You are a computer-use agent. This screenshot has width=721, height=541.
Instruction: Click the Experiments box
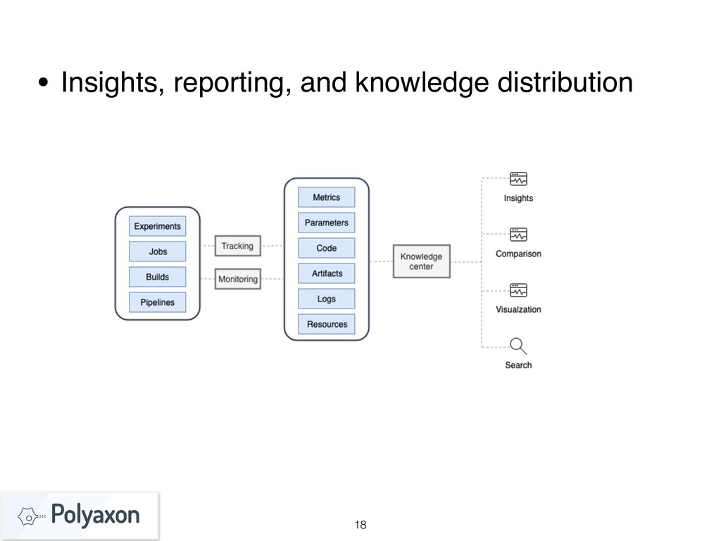point(158,226)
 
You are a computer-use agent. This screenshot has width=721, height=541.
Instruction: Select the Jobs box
point(158,251)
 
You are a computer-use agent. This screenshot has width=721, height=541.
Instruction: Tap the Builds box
point(158,277)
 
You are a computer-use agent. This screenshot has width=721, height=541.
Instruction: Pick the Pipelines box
point(158,302)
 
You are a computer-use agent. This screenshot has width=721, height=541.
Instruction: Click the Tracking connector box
point(237,246)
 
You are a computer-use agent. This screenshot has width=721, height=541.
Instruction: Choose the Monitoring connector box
point(237,279)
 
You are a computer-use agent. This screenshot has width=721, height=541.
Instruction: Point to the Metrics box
point(326,197)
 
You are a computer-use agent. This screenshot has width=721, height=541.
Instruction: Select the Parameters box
point(326,223)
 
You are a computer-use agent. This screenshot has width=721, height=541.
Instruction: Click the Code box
point(326,248)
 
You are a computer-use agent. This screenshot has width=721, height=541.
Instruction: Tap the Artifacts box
point(326,273)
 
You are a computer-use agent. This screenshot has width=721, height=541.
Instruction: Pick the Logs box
point(326,299)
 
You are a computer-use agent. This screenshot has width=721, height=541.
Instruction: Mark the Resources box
point(326,324)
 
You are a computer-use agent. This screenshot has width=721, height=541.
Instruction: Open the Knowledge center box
point(421,261)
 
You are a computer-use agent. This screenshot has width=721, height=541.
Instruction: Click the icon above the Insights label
point(518,179)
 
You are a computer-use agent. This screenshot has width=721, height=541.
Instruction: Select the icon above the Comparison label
point(518,235)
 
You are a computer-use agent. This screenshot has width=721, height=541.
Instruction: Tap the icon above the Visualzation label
point(518,290)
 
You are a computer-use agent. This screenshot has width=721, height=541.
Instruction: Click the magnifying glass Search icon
point(518,346)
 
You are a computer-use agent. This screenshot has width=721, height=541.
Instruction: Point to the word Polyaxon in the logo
point(96,516)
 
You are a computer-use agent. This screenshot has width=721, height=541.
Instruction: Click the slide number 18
point(360,525)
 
